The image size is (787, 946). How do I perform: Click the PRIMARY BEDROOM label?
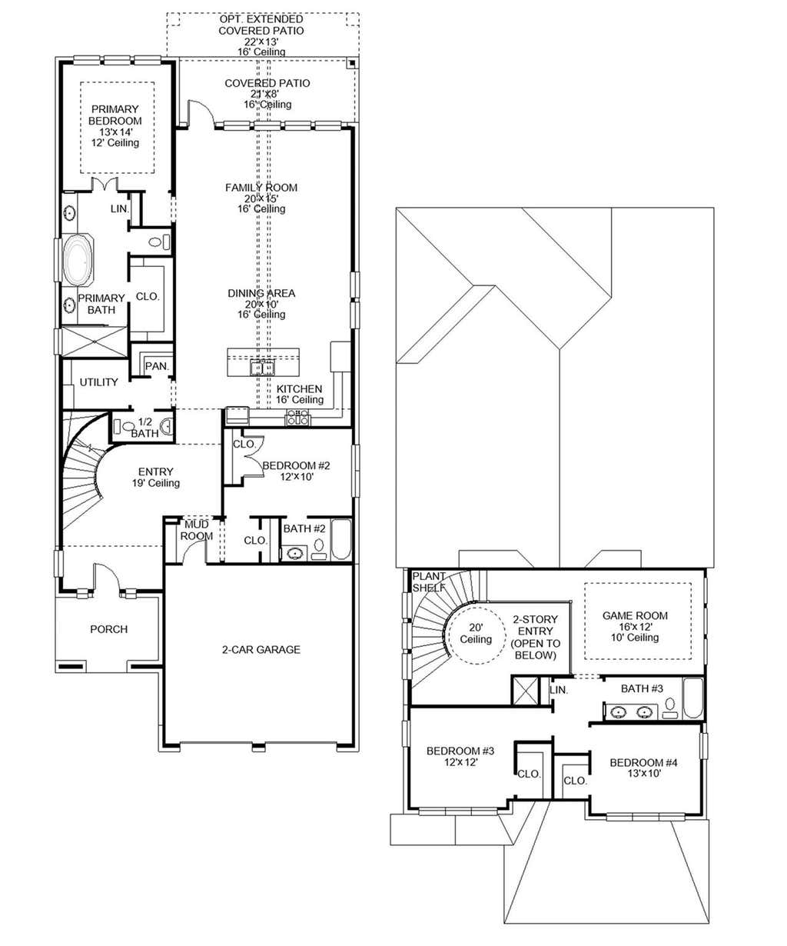coord(115,115)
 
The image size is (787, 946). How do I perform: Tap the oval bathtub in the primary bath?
coord(78,260)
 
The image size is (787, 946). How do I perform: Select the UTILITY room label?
coord(98,382)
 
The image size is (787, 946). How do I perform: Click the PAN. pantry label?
coord(157,365)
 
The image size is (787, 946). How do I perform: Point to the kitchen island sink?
coord(263,368)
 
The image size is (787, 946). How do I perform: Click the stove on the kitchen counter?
coord(298,418)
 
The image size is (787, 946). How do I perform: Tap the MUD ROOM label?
coord(197,530)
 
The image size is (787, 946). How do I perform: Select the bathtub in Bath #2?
coord(341,540)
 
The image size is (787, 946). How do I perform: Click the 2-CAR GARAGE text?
coord(261,650)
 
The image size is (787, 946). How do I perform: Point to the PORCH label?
coord(108,629)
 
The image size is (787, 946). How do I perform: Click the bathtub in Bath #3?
coord(692,698)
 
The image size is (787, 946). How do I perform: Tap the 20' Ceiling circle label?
coord(476,634)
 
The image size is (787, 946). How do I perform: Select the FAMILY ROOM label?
coord(261,188)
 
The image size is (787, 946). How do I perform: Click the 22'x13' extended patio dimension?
coord(261,42)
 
